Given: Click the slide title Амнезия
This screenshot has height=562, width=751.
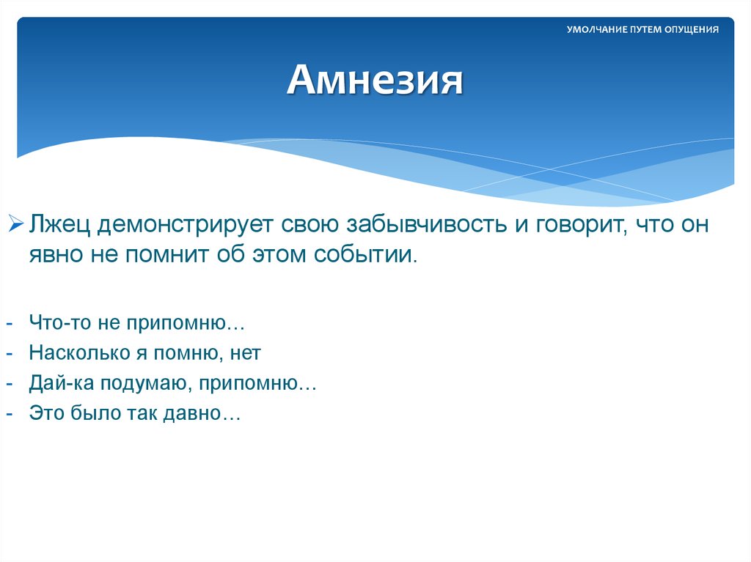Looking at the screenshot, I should tap(375, 81).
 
